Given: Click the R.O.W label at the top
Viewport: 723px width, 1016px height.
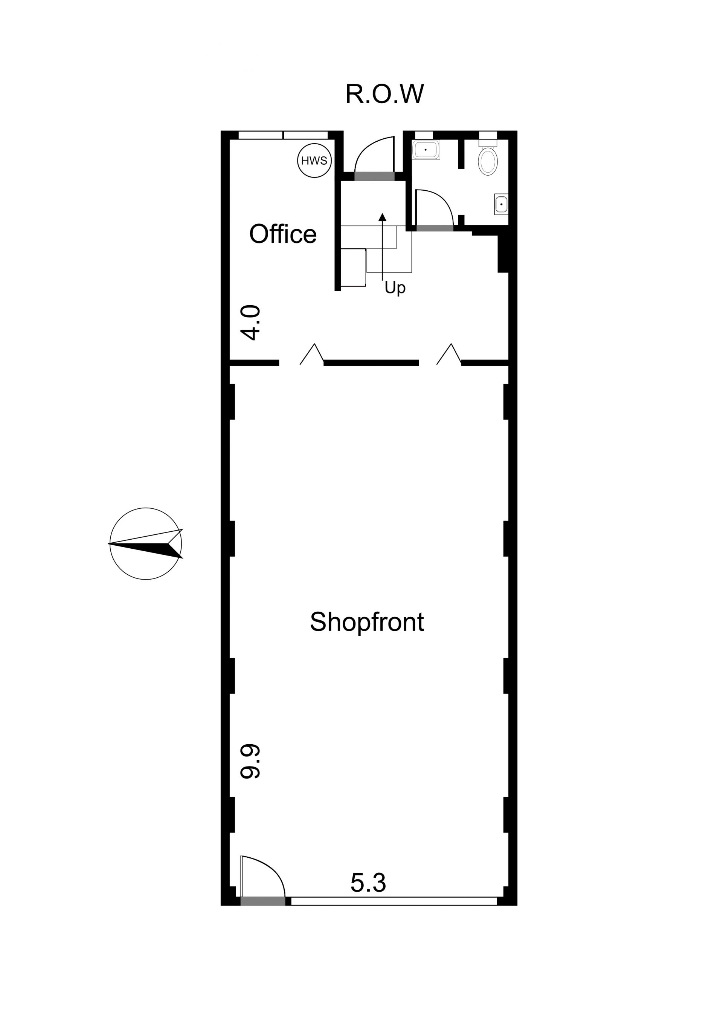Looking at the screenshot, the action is (384, 94).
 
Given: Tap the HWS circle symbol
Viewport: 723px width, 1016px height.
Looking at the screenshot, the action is (314, 160).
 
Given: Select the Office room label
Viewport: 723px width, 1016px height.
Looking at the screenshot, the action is (283, 234).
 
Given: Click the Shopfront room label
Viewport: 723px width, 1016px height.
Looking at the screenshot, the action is (367, 622).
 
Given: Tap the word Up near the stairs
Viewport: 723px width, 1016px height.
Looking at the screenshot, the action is (395, 288).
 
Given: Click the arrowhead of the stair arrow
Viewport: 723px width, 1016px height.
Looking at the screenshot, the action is (382, 217).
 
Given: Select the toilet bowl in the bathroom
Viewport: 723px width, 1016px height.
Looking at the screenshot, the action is (488, 161).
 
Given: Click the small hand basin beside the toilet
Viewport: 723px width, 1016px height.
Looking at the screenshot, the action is (501, 205).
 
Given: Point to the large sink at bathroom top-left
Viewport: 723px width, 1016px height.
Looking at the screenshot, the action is (426, 150).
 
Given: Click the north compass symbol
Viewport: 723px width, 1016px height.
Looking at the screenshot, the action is (146, 543).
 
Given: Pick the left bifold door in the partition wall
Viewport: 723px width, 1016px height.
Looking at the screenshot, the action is (312, 355).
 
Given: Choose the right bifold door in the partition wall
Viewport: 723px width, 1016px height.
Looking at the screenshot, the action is (449, 355).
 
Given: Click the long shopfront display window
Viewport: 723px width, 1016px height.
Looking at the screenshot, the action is (394, 901).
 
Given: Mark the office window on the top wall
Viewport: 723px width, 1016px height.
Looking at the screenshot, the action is (283, 135).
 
